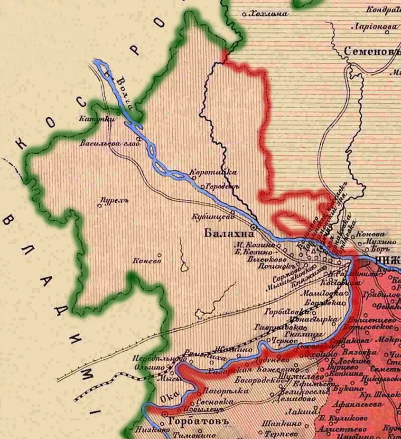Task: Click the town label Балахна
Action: (x=226, y=234)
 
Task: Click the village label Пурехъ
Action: (x=116, y=200)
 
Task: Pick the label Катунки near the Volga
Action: (x=97, y=120)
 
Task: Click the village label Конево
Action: (x=147, y=261)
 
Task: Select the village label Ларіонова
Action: (x=374, y=27)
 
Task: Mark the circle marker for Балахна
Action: (x=254, y=228)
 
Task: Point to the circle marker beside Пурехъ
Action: (x=100, y=205)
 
